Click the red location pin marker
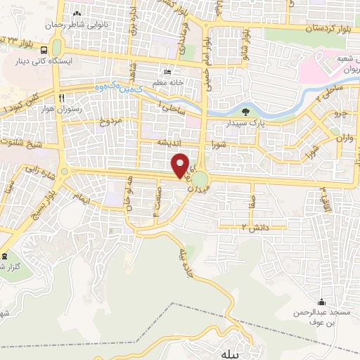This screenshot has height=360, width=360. pyautogui.click(x=181, y=165)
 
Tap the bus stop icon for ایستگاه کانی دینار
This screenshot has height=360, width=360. pyautogui.click(x=44, y=49)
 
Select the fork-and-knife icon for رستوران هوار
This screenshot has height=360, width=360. pyautogui.click(x=63, y=97)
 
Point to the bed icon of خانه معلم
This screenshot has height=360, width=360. pyautogui.click(x=167, y=72)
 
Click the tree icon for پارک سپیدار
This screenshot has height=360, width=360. pyautogui.click(x=245, y=112)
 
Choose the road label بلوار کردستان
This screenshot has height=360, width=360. pyautogui.click(x=332, y=29)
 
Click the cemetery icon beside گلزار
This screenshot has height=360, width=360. pyautogui.click(x=6, y=256)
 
